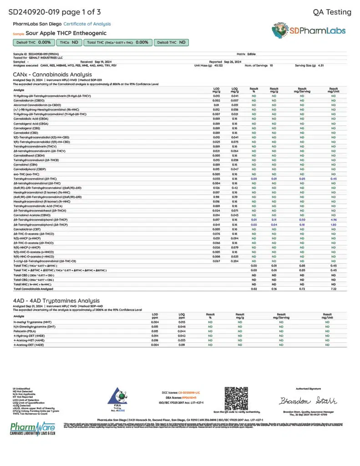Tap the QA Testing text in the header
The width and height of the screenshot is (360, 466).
click(332, 12)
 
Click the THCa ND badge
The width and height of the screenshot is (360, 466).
click(70, 42)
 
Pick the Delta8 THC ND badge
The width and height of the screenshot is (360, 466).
click(171, 42)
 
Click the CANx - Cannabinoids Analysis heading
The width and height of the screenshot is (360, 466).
click(52, 74)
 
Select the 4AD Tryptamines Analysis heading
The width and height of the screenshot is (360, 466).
click(56, 301)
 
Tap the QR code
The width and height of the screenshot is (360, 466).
click(237, 399)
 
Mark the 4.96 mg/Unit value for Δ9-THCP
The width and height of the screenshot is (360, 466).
click(334, 219)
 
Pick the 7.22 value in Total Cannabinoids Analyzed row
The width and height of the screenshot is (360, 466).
click(334, 289)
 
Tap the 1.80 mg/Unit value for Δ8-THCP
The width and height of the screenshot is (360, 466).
click(334, 224)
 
